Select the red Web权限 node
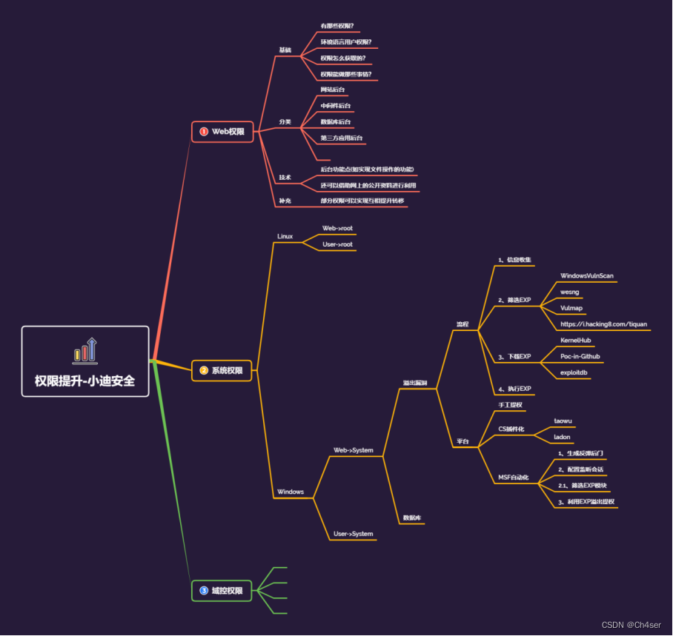(x=222, y=131)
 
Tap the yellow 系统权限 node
(x=222, y=369)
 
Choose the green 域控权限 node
(x=222, y=590)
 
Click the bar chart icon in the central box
(x=85, y=349)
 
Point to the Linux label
(x=285, y=236)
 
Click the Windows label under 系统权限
(x=291, y=492)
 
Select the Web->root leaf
(x=337, y=228)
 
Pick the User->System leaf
(x=353, y=533)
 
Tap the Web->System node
(x=353, y=449)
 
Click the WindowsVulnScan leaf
(x=587, y=275)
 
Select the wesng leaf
(x=569, y=292)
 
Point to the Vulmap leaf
(x=571, y=308)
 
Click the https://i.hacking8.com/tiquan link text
(x=603, y=324)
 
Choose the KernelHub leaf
(x=575, y=340)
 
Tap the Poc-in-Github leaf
(x=580, y=356)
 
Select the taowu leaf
(x=563, y=421)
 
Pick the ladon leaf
(x=562, y=437)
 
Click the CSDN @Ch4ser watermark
(x=631, y=625)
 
